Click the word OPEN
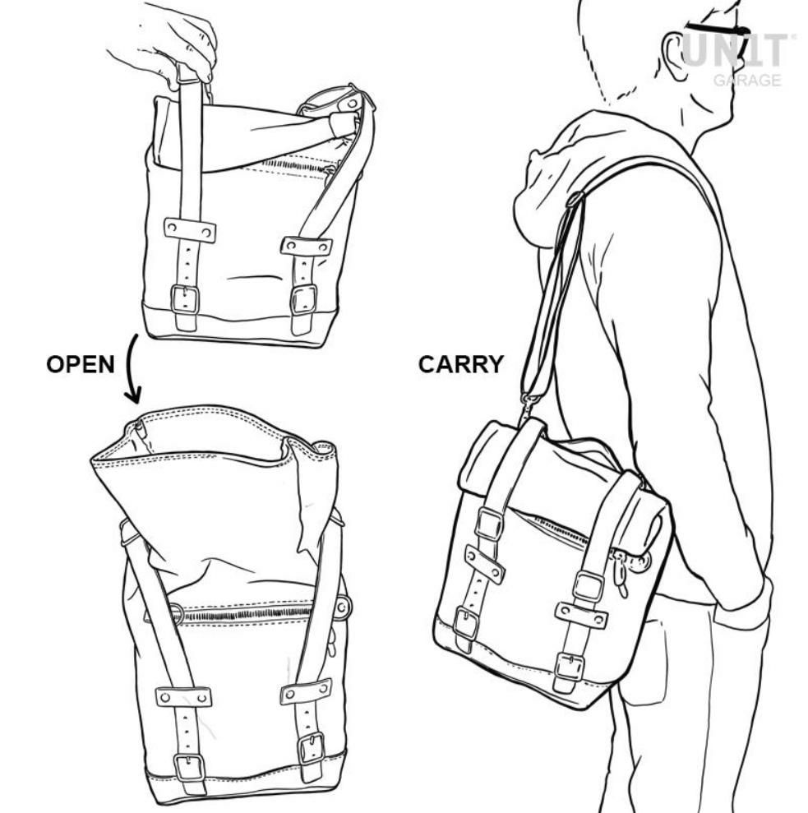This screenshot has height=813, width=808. pos(81,364)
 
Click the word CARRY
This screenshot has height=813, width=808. pos(460,364)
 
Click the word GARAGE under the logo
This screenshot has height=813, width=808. pos(747,80)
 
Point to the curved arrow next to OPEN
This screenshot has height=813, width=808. pos(130,369)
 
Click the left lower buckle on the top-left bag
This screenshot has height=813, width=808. pos(185,299)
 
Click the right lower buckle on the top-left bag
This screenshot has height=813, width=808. pos(303,300)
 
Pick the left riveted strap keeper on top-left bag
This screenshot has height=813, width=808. pos(190,230)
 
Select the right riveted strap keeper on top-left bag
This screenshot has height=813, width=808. pos(306,246)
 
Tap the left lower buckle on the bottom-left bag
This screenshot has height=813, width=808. pos(189,767)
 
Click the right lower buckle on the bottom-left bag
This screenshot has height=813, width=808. pos(312,748)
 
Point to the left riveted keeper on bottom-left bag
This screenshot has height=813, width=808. pos(183,697)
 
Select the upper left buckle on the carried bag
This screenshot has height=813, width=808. pos(489,524)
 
